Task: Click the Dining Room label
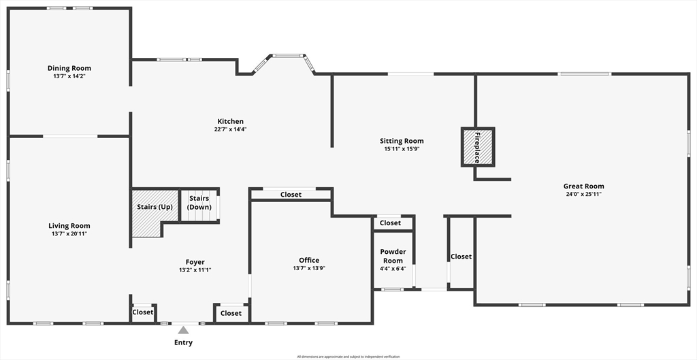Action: pos(69,68)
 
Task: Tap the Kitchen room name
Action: pos(230,121)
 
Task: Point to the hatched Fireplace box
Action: pos(478,146)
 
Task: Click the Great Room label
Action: pos(583,186)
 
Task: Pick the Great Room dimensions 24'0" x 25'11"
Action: pos(583,194)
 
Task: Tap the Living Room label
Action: pos(69,225)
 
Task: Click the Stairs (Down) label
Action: pos(199,203)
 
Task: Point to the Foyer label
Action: pos(195,262)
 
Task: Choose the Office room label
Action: pos(309,260)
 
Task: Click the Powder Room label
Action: pos(393,256)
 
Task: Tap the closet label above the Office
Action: pos(291,195)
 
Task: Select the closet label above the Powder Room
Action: pos(390,223)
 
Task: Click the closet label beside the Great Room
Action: pos(461,257)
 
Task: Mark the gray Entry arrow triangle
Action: pos(183,331)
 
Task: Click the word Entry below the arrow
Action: pos(183,342)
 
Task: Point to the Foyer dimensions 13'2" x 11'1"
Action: pos(195,270)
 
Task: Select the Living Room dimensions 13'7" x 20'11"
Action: pos(69,233)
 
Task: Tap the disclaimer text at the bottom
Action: pos(348,357)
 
